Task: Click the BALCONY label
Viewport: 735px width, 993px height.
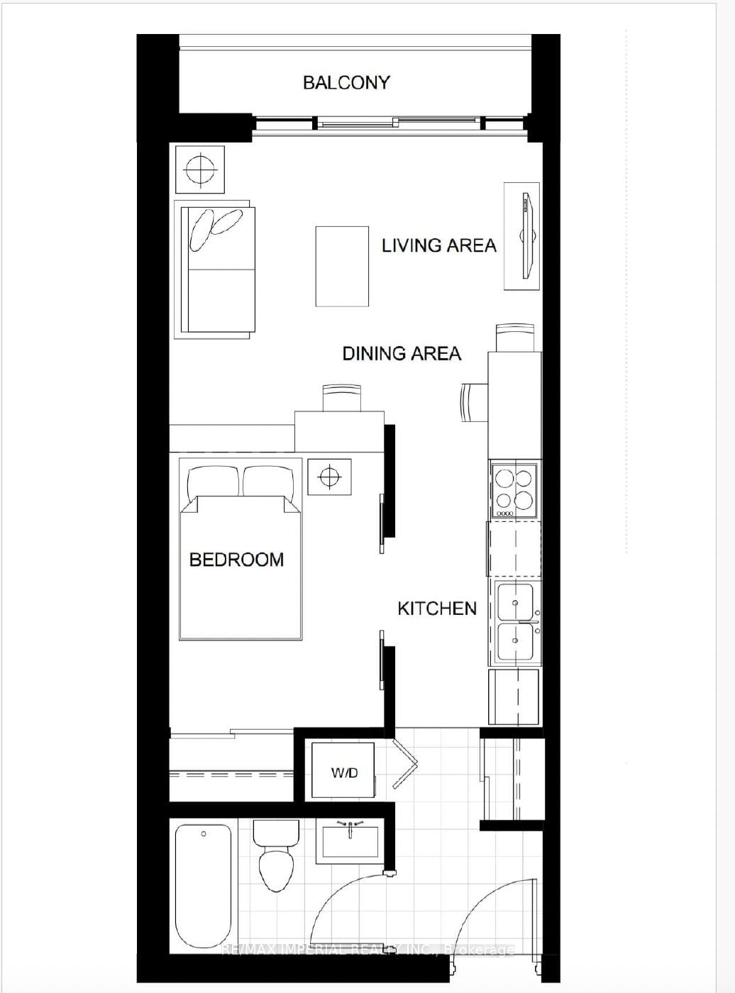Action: pyautogui.click(x=346, y=82)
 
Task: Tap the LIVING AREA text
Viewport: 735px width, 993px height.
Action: pyautogui.click(x=438, y=245)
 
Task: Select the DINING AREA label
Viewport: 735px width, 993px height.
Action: pyautogui.click(x=402, y=353)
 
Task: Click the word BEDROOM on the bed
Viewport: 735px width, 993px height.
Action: pyautogui.click(x=236, y=560)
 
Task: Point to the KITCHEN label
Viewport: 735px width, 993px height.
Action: pyautogui.click(x=436, y=609)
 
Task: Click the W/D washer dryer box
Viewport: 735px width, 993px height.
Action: pyautogui.click(x=343, y=772)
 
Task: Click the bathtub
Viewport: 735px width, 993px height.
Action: pyautogui.click(x=204, y=887)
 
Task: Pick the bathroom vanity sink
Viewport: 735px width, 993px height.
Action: pyautogui.click(x=350, y=841)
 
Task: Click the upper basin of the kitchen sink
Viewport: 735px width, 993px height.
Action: pyautogui.click(x=516, y=601)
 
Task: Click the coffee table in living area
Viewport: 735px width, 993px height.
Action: pyautogui.click(x=342, y=266)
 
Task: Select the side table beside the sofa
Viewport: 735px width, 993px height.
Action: pyautogui.click(x=200, y=169)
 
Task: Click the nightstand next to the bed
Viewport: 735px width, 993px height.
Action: pyautogui.click(x=329, y=476)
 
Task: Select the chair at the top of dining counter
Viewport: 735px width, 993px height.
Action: pyautogui.click(x=514, y=338)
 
